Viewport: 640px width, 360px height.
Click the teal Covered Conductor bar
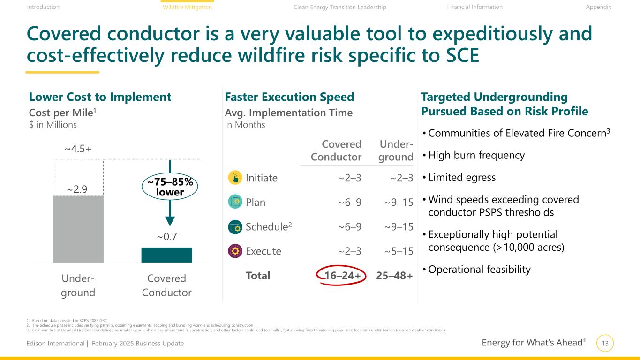166,255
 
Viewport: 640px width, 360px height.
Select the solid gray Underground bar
78,229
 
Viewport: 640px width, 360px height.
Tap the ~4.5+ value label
78,149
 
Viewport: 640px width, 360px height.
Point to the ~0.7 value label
167,237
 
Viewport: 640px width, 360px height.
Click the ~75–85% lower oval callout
170,187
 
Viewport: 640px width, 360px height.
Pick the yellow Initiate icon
235,178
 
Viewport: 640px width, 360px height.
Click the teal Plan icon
235,202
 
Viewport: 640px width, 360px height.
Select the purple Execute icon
235,251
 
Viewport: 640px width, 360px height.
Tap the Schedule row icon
235,226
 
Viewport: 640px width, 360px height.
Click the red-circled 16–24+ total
341,276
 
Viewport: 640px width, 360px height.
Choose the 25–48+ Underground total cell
395,276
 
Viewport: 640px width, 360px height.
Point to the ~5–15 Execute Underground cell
399,251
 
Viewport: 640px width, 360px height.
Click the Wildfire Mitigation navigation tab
187,7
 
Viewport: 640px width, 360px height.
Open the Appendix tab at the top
598,7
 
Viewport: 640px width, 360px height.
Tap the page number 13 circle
605,343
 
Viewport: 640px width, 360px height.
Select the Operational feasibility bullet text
479,270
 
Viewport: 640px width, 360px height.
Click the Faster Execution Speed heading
289,97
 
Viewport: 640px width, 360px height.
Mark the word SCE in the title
462,55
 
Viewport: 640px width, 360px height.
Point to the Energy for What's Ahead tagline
534,343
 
